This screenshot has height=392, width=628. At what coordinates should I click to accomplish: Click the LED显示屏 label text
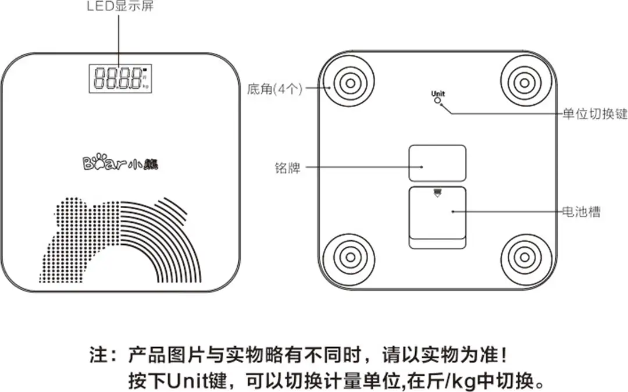120,8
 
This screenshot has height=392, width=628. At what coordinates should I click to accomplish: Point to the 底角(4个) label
274,89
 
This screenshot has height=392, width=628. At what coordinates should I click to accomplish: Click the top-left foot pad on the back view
350,83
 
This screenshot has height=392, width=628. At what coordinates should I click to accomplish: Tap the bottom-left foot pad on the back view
350,256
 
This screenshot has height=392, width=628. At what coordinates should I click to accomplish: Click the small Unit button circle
438,101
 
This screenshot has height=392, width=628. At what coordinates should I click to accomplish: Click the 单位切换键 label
595,114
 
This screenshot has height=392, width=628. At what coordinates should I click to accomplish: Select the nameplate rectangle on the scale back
437,163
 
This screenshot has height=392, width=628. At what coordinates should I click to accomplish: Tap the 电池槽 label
581,212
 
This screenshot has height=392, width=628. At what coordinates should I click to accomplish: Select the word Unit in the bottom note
185,382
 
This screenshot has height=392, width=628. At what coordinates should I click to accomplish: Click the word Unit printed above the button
438,93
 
